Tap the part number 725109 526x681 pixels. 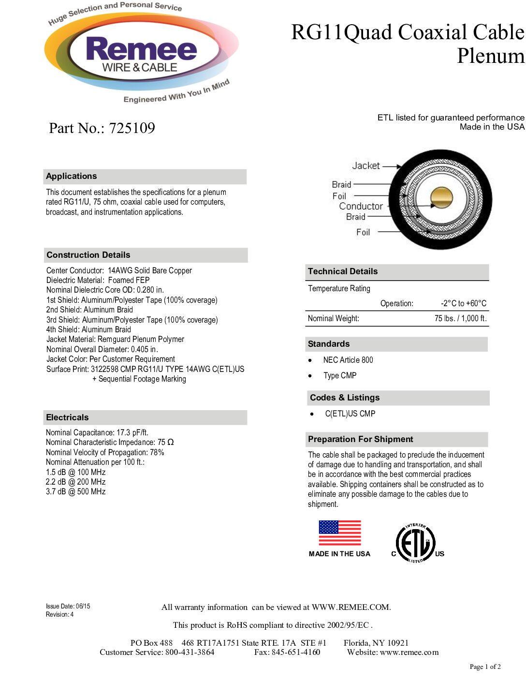pos(132,128)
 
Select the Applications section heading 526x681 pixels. pos(72,177)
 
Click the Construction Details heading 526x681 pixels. pos(88,255)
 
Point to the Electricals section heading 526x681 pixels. pos(67,417)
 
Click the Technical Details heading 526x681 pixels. pos(343,271)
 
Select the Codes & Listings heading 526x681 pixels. pos(345,398)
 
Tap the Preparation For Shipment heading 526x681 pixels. pos(361,439)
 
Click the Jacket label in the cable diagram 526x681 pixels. pos(366,166)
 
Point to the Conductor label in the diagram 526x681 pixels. pos(361,206)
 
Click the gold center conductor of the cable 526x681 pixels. pos(441,198)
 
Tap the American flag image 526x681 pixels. pos(340,533)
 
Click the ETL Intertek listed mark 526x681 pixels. pos(416,543)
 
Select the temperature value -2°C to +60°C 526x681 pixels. pos(464,304)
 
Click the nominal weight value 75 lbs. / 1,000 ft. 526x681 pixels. pos(460,319)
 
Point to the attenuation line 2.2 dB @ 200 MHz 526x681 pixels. pos(76,482)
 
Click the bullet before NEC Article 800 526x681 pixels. pos(310,360)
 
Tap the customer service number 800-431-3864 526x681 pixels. pos(190,652)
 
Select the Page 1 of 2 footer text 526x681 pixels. pos(485,667)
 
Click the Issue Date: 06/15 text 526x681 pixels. pos(68,607)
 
